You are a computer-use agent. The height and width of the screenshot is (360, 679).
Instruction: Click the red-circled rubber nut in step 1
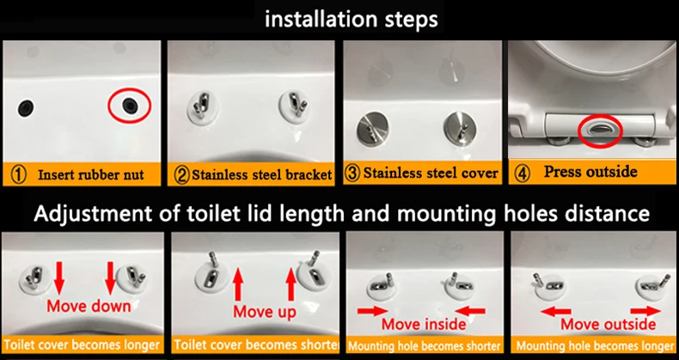[x=129, y=105]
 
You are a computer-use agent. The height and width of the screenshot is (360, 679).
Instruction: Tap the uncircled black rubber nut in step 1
[x=26, y=107]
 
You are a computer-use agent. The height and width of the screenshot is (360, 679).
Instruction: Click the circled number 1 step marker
[x=18, y=175]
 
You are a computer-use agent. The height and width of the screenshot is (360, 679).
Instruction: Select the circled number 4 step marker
[x=523, y=174]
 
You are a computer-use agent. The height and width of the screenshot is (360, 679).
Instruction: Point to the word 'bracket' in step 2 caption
[x=309, y=174]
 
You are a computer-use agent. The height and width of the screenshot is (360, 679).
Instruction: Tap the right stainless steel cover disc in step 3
[x=460, y=127]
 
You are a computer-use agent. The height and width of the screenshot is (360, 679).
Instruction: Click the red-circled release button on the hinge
[x=601, y=129]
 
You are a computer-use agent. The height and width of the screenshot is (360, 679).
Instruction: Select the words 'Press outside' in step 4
[x=590, y=172]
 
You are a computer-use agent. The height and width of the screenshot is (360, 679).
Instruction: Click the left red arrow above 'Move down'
[x=59, y=279]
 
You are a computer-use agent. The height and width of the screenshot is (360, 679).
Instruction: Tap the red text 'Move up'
[x=265, y=312]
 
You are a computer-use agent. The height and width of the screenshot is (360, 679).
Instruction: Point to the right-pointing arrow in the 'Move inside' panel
[x=372, y=311]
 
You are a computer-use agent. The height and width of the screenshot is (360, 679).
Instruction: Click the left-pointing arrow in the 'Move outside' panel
[x=556, y=311]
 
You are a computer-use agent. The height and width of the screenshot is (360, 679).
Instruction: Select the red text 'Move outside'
[x=609, y=324]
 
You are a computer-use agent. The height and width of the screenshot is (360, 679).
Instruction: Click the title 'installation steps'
[x=352, y=20]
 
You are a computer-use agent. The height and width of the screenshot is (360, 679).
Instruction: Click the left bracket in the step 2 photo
[x=203, y=108]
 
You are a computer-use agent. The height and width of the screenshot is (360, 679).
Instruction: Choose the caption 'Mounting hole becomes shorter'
[x=425, y=346]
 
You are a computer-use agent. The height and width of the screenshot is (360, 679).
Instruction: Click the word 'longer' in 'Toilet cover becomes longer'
[x=142, y=345]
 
